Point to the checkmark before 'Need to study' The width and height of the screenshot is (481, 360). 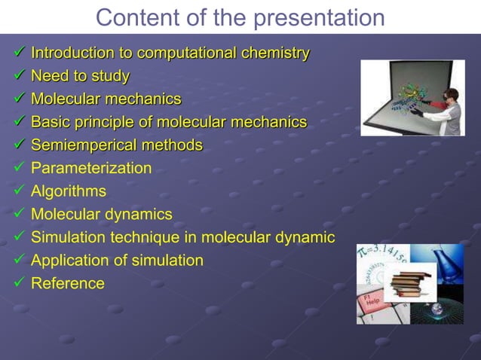(20, 76)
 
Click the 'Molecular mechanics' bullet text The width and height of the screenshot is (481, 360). (106, 99)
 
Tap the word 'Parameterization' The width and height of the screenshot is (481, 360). (90, 168)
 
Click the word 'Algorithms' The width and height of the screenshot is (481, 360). (68, 191)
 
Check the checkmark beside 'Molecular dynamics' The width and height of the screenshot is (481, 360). (20, 214)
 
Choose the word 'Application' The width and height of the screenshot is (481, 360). (70, 261)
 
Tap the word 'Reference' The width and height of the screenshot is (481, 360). (67, 283)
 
